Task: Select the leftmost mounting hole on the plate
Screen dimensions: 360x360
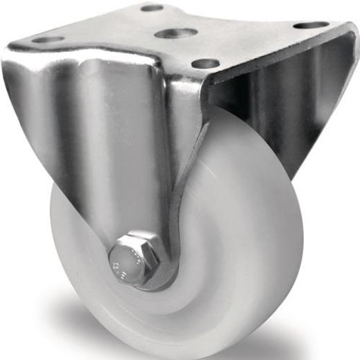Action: tap(48, 39)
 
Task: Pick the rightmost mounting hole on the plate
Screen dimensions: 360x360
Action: tap(311, 25)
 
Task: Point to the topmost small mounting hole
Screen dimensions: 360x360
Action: tap(152, 8)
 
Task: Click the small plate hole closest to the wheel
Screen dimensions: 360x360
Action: tap(205, 64)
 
